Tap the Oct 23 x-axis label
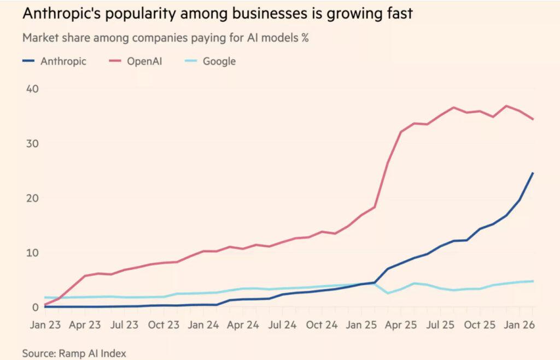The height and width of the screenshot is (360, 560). pyautogui.click(x=165, y=325)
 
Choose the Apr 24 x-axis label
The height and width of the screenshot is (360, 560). pyautogui.click(x=243, y=325)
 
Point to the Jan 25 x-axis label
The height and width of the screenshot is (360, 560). pyautogui.click(x=362, y=325)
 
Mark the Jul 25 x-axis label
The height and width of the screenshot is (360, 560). pyautogui.click(x=440, y=325)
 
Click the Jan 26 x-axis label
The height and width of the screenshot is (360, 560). pyautogui.click(x=520, y=325)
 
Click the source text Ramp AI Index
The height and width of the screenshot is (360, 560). pyautogui.click(x=94, y=353)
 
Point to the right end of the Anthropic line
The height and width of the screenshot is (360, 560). pyautogui.click(x=533, y=173)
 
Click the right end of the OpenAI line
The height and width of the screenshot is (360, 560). pyautogui.click(x=533, y=119)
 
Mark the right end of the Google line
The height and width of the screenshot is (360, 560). pyautogui.click(x=533, y=281)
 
